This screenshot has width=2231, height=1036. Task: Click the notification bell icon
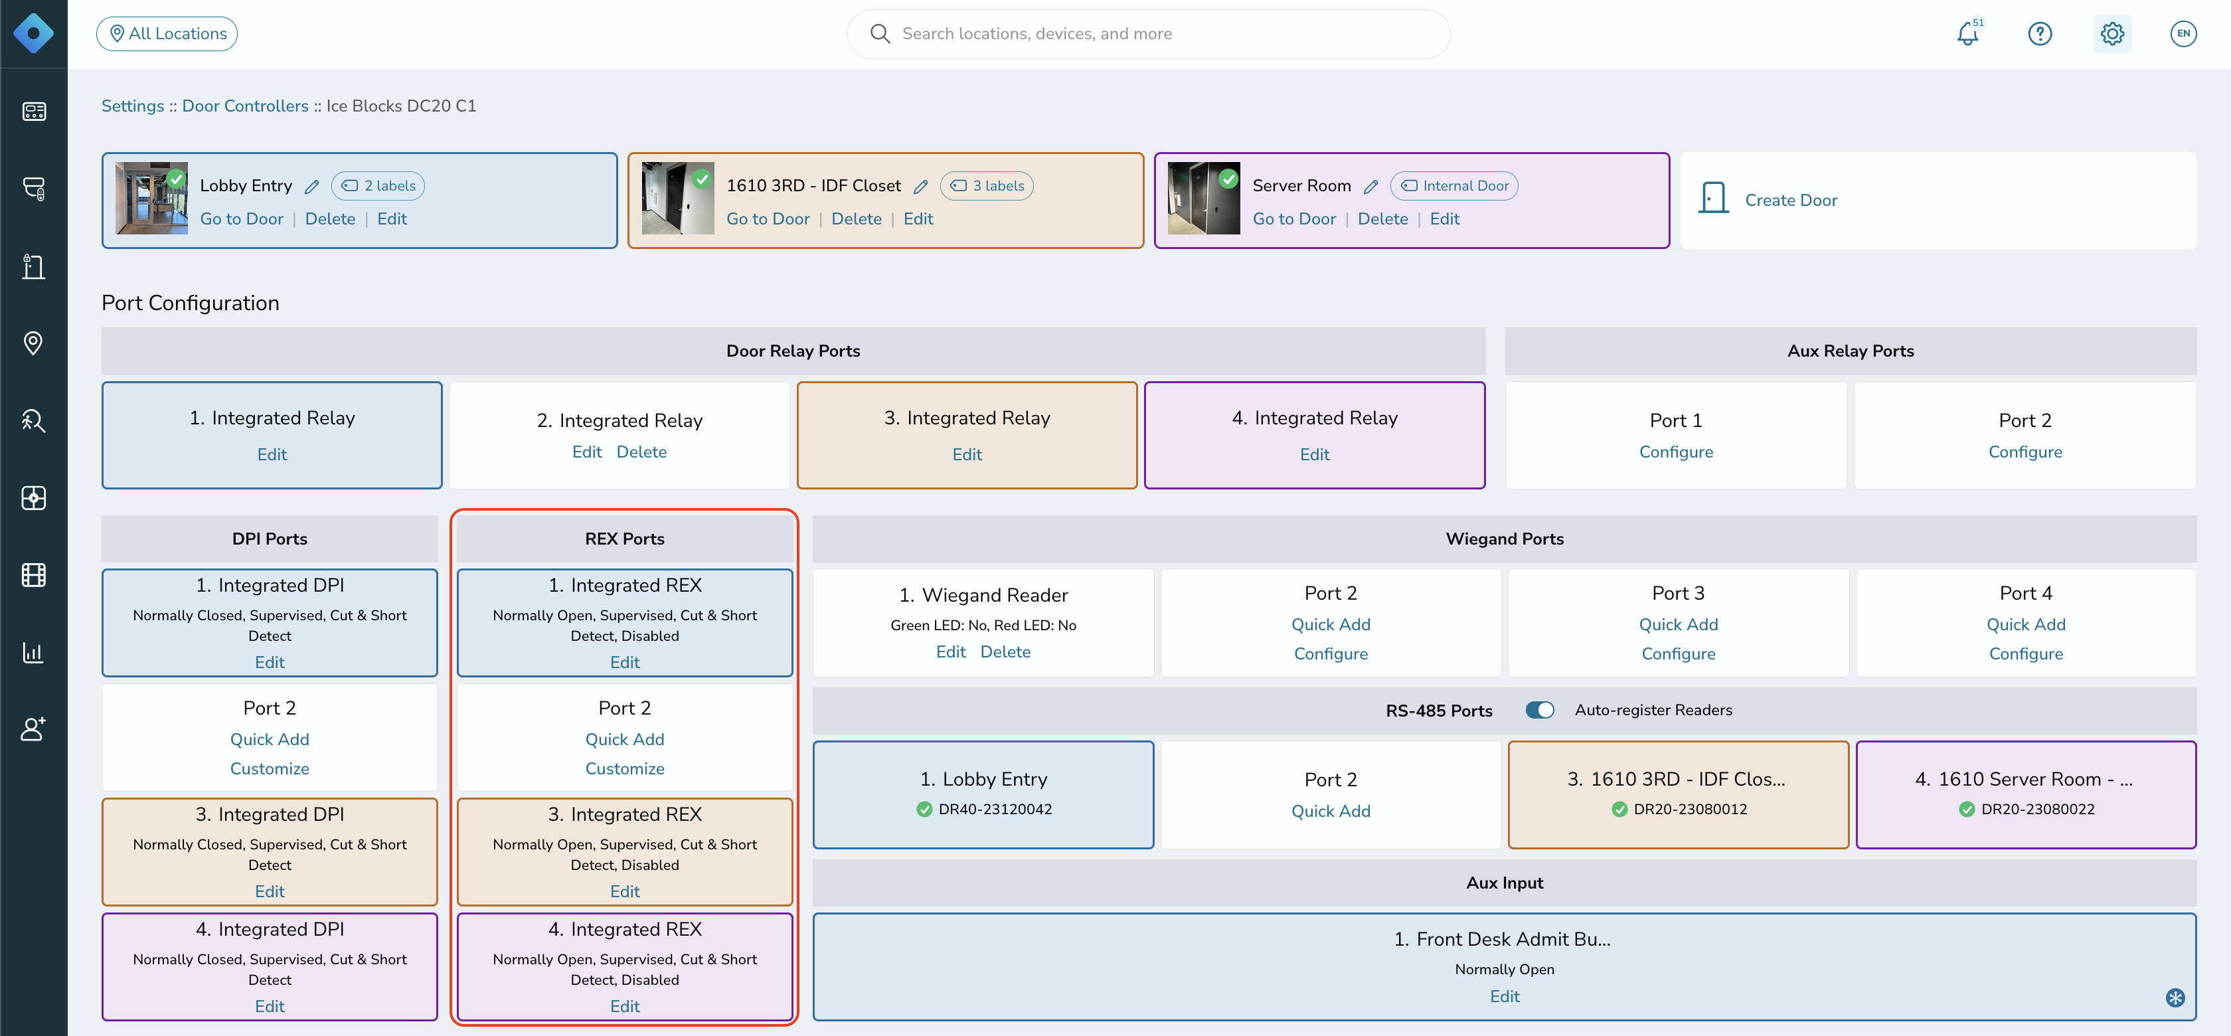click(1967, 34)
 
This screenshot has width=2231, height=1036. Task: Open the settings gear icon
click(2112, 34)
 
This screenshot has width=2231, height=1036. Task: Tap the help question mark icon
click(2040, 34)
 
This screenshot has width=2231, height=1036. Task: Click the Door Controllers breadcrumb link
click(245, 106)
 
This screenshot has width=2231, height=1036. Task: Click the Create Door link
click(1791, 200)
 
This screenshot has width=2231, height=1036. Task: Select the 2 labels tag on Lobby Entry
click(378, 185)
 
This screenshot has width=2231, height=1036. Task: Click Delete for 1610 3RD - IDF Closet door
click(857, 219)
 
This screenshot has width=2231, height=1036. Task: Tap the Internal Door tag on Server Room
click(1454, 185)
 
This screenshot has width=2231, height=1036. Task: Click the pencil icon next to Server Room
click(1370, 186)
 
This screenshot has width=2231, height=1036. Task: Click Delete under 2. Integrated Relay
click(642, 452)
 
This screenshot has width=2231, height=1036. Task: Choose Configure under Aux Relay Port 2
click(2025, 452)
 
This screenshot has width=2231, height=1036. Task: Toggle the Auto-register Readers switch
click(1540, 711)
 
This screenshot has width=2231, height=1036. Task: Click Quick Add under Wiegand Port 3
click(1679, 624)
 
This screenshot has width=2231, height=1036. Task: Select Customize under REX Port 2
click(624, 768)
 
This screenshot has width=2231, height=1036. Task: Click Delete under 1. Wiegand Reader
click(1005, 652)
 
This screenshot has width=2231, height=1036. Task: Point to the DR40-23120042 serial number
click(995, 809)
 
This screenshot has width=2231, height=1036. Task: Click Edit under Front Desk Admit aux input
click(1505, 997)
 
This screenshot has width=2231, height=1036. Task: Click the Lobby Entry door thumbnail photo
click(151, 199)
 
